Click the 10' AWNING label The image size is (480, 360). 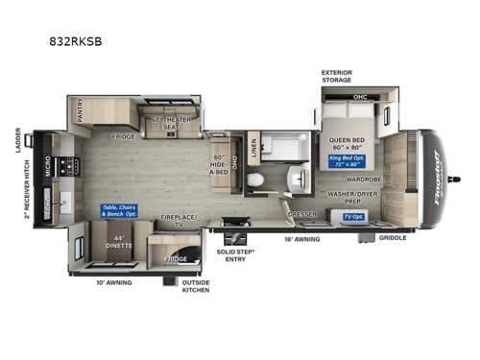113,282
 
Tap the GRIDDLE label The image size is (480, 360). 392,237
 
